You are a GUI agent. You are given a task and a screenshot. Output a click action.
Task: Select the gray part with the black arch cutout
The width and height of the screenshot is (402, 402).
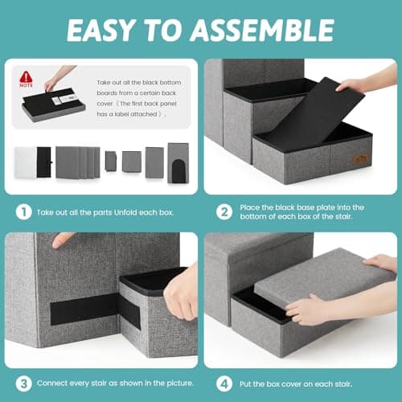177,163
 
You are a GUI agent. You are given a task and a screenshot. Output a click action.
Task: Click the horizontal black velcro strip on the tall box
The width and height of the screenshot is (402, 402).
84,308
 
